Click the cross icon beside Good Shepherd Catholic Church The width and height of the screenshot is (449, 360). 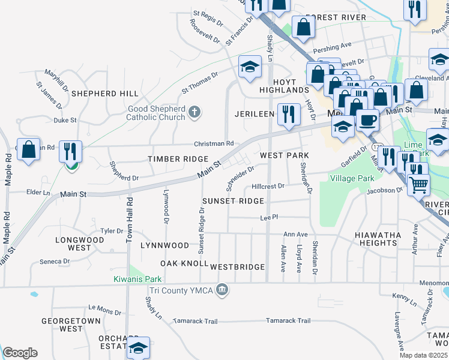pos(193,112)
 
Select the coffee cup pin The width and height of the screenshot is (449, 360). pos(367,119)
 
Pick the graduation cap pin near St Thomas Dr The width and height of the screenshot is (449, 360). pos(250,67)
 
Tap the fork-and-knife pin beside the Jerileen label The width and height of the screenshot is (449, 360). pos(289,115)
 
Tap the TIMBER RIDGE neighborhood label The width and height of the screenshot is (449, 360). pos(170,158)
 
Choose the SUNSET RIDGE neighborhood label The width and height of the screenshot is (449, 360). pos(232,200)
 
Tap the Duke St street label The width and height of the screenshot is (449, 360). pos(65,120)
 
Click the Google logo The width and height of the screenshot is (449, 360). pos(20,353)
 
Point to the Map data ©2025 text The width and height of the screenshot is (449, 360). pos(423,355)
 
